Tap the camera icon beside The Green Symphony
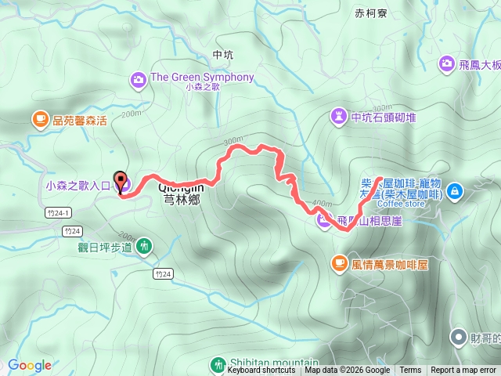[139, 78]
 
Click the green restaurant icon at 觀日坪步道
[144, 246]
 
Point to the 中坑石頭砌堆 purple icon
[339, 117]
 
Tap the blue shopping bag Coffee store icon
[456, 190]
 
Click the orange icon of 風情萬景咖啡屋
[339, 264]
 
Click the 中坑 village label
[223, 55]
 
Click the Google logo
[30, 365]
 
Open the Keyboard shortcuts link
[261, 371]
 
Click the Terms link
[410, 371]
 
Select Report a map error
[463, 371]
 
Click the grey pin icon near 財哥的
[458, 336]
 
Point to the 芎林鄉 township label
[183, 201]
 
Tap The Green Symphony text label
[202, 77]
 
